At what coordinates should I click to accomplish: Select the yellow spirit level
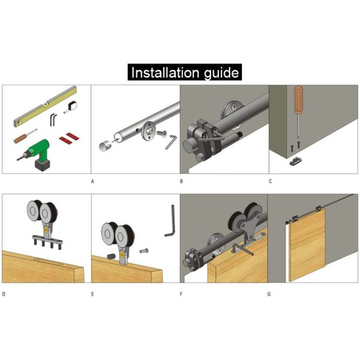[45, 106]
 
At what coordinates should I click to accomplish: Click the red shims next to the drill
[69, 138]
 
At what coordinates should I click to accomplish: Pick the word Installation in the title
[165, 73]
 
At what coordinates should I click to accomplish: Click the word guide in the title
[221, 73]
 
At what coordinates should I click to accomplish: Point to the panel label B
[181, 181]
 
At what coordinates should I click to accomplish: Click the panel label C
[270, 181]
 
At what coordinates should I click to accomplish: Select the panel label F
[181, 294]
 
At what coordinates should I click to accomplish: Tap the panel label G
[269, 294]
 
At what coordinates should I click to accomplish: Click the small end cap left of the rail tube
[105, 146]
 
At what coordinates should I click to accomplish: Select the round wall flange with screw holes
[148, 130]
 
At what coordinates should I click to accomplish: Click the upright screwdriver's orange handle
[298, 100]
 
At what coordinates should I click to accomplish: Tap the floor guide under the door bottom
[296, 161]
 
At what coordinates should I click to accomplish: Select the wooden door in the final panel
[307, 245]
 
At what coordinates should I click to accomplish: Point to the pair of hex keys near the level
[53, 119]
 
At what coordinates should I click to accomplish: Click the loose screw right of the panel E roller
[144, 251]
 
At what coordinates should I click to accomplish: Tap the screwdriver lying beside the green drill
[25, 136]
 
